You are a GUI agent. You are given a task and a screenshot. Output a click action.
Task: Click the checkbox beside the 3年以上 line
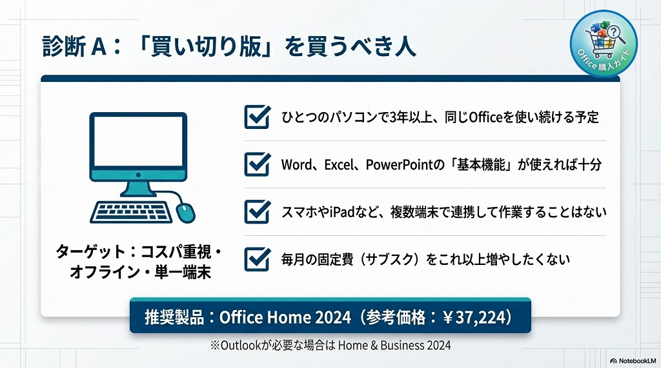[257, 117]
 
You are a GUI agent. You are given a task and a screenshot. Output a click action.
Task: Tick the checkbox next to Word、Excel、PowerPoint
[257, 164]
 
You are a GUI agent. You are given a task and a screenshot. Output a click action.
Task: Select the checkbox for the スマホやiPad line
[257, 211]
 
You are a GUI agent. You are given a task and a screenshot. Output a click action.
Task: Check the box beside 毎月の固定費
[257, 259]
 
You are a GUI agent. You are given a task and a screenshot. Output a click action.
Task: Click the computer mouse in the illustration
[185, 211]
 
